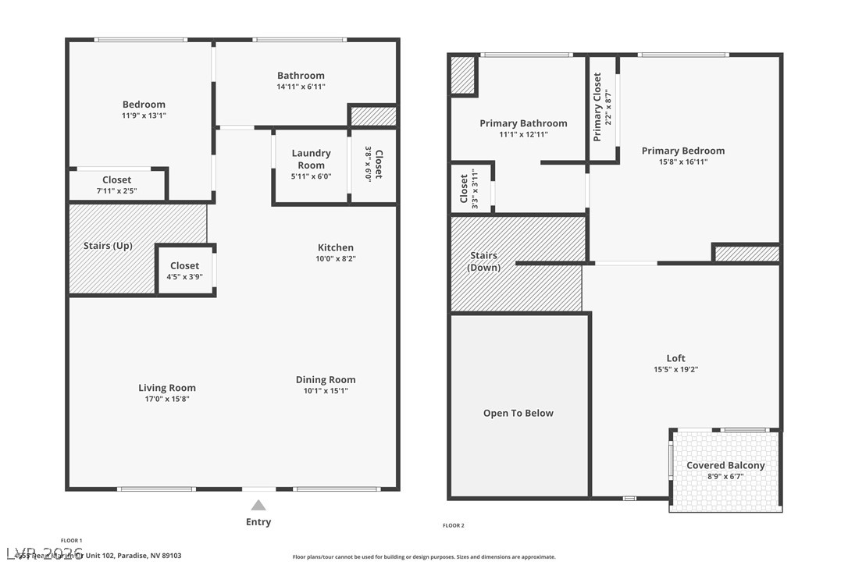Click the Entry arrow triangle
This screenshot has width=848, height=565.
[x=258, y=506]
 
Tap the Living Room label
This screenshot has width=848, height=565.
[x=167, y=388]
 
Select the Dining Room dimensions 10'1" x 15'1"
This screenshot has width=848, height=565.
[x=326, y=391]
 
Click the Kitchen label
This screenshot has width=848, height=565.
[x=335, y=247]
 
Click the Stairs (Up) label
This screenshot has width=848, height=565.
[x=108, y=246]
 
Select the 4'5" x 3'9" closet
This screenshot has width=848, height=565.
[x=185, y=270]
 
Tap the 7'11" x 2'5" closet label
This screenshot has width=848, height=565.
[x=117, y=180]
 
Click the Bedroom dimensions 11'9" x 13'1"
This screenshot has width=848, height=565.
[x=144, y=115]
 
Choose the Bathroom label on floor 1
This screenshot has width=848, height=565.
[x=301, y=76]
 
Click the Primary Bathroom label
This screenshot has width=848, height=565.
[x=523, y=123]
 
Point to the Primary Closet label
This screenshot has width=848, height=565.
[x=597, y=107]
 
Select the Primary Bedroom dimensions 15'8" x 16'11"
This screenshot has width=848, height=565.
[x=682, y=162]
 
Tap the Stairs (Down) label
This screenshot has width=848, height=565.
[x=483, y=261]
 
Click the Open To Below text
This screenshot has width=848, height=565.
[x=518, y=414]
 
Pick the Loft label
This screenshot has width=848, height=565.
[x=675, y=358]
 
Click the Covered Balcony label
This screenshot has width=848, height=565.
[x=725, y=466]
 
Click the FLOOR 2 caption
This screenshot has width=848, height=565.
[x=453, y=526]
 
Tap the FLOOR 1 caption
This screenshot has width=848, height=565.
[x=71, y=541]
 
